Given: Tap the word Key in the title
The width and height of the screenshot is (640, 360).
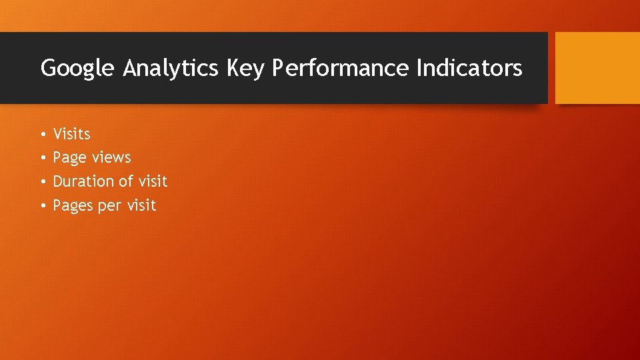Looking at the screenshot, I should tap(245, 68).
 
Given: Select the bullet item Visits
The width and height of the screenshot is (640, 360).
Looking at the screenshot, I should tap(71, 134).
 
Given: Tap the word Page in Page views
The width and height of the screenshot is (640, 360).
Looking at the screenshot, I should tap(69, 158).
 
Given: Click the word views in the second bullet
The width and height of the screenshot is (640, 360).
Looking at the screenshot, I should tap(111, 158).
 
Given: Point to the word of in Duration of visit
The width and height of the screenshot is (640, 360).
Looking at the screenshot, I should tap(127, 181).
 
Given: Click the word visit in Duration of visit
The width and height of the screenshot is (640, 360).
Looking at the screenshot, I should tap(153, 181).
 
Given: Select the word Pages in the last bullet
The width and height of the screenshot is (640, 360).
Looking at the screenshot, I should tap(73, 205).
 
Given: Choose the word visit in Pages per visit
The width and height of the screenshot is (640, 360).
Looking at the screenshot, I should tap(141, 205).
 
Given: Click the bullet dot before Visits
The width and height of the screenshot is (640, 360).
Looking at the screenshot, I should tap(41, 135).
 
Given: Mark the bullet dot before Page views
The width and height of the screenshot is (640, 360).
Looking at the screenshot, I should tap(41, 159).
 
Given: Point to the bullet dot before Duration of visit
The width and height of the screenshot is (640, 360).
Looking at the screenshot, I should tap(41, 182).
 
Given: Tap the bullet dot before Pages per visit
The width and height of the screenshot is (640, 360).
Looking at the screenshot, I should tap(41, 206).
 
